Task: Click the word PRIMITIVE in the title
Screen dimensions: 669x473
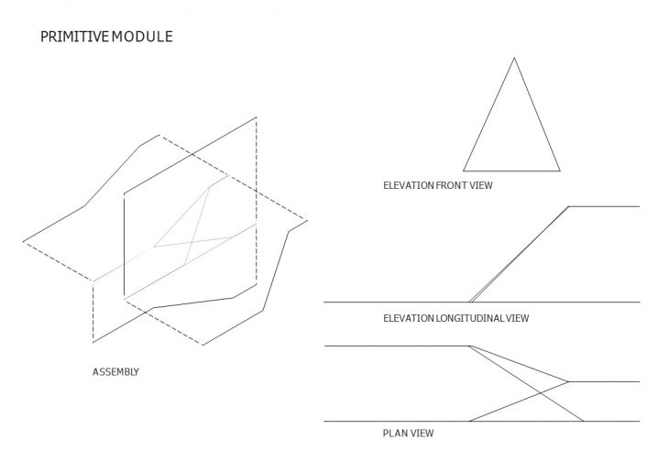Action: (74, 37)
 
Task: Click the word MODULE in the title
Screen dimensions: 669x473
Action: (142, 37)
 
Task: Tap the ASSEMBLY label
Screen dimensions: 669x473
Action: (115, 372)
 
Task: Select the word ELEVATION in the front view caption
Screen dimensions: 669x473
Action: (409, 185)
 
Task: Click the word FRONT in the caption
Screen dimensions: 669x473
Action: (451, 185)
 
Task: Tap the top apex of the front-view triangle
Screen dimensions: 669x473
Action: (514, 58)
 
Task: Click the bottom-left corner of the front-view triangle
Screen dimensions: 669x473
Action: (464, 171)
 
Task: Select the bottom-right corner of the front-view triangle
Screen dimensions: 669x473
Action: (560, 171)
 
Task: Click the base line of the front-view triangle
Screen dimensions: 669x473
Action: (511, 171)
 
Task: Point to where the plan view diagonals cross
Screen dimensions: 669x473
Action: (540, 392)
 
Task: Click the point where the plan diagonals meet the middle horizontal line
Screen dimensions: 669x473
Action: (568, 381)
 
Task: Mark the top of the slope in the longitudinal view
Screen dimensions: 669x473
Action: (569, 206)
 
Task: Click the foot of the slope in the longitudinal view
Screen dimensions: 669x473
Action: (470, 302)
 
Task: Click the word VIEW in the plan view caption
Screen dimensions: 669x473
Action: (422, 434)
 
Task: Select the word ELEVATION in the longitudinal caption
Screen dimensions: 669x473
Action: (409, 318)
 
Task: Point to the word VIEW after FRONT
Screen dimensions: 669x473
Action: (481, 185)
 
